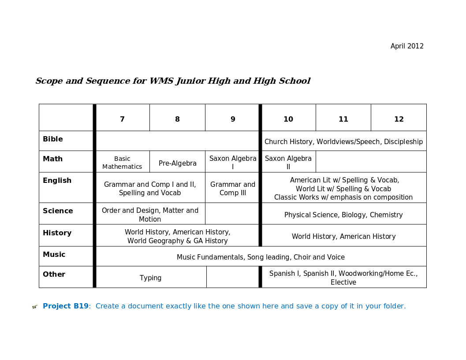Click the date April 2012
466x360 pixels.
click(x=407, y=46)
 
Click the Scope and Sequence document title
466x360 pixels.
click(x=173, y=81)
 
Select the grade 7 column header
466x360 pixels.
click(x=122, y=119)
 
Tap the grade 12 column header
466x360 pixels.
click(x=399, y=119)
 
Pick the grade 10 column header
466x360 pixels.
click(x=288, y=119)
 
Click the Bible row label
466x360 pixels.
click(x=53, y=139)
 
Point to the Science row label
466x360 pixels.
click(x=58, y=211)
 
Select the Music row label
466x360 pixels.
click(x=54, y=255)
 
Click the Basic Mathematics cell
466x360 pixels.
click(x=122, y=163)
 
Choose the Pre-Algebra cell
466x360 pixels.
click(x=178, y=163)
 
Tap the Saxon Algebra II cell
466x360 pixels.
click(x=288, y=163)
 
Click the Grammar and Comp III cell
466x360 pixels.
click(x=233, y=189)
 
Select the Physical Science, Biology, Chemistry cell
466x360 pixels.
click(x=343, y=215)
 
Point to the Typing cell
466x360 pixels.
click(x=151, y=278)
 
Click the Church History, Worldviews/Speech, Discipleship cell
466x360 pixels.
click(x=343, y=142)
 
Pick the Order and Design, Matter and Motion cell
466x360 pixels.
click(x=150, y=215)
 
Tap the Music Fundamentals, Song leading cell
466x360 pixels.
click(x=261, y=257)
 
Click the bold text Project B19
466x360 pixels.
click(x=66, y=306)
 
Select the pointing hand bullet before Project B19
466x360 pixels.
click(x=35, y=307)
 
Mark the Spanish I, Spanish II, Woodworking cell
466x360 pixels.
click(x=343, y=278)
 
